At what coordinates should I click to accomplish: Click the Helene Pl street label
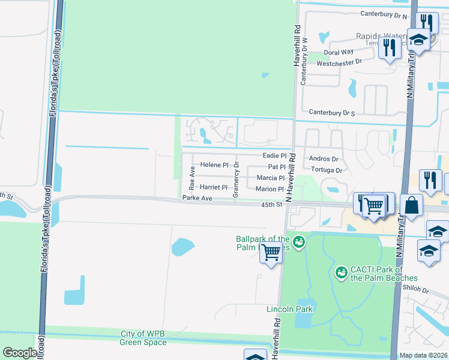tap(214, 165)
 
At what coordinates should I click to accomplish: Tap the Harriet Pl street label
tap(214, 188)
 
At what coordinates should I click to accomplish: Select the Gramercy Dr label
tap(236, 179)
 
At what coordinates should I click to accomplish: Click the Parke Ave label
tap(198, 198)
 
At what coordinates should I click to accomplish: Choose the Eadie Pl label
tap(274, 155)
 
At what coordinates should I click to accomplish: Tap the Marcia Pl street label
tap(271, 178)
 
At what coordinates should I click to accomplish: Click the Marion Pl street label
tap(270, 190)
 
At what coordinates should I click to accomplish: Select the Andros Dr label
tap(324, 160)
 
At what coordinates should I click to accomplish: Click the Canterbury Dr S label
tap(332, 113)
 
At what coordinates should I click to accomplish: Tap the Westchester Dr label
tap(339, 62)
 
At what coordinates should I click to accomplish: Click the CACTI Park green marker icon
tap(341, 273)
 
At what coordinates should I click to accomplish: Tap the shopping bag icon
tap(414, 205)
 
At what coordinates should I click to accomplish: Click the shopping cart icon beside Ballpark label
tap(271, 252)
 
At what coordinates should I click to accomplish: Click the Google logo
tap(20, 353)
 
